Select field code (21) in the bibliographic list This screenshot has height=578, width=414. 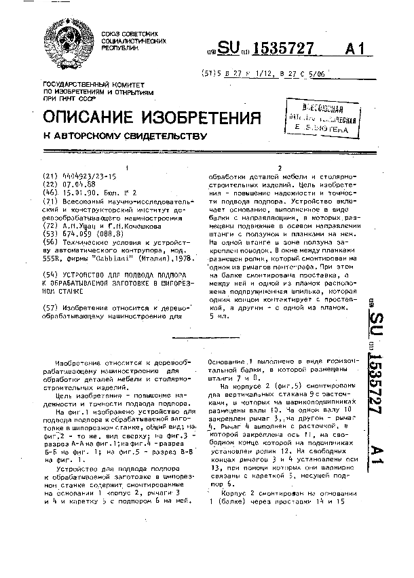point(50,174)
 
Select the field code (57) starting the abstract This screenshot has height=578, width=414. point(50,307)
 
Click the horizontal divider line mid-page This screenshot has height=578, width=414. point(206,337)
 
